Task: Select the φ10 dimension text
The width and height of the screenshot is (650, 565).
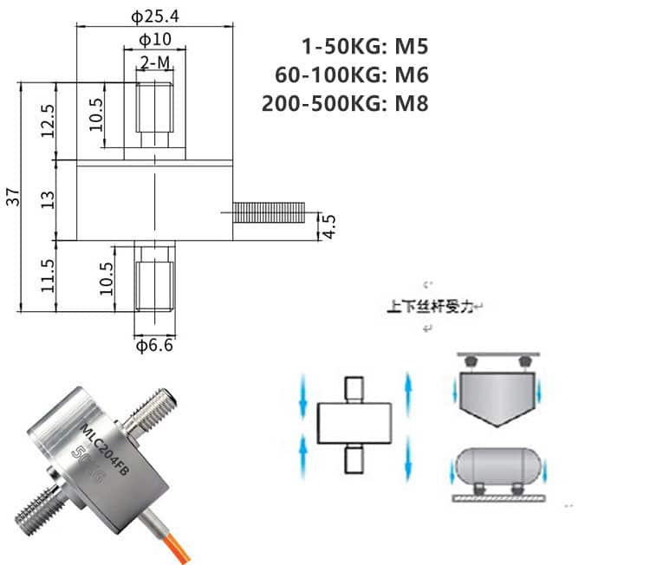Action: tap(154, 40)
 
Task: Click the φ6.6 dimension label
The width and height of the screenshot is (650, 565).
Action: tap(155, 347)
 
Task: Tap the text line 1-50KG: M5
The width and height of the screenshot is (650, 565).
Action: tap(364, 46)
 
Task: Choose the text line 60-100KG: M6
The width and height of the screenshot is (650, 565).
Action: tap(351, 75)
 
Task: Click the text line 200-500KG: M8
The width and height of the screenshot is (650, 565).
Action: tap(345, 103)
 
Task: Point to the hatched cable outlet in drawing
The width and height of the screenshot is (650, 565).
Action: tap(270, 211)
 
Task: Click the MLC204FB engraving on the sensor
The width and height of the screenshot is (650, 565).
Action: tap(102, 433)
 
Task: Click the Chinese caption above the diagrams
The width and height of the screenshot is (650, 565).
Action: tap(430, 306)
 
